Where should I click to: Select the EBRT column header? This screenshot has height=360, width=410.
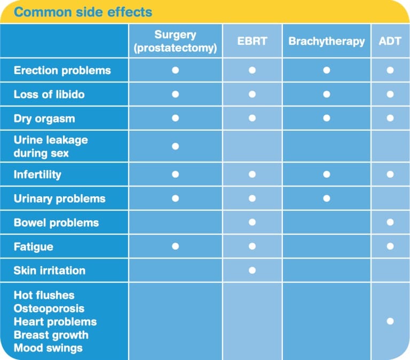tap(252, 41)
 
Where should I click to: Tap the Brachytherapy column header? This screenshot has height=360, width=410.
tap(327, 41)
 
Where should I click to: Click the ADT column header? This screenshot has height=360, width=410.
tap(390, 41)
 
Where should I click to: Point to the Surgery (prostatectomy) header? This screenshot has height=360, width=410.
tap(175, 41)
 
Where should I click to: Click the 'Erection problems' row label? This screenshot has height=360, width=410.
tap(62, 70)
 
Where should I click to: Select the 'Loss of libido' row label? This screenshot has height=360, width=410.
tap(49, 94)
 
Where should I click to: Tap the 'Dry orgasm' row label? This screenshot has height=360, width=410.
tap(44, 118)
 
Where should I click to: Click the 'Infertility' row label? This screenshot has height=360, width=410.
tap(37, 174)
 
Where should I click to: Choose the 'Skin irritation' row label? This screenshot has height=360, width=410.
tap(49, 270)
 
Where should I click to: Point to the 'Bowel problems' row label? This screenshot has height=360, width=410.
tap(56, 222)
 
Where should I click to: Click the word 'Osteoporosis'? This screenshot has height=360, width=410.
tap(49, 308)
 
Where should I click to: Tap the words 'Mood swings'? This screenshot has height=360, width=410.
tap(48, 348)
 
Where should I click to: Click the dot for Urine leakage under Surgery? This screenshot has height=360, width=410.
tap(175, 146)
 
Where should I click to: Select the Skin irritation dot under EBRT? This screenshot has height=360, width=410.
tap(252, 270)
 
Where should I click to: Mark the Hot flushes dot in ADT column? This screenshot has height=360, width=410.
tap(390, 321)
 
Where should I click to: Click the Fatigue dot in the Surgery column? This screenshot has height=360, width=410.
tap(175, 246)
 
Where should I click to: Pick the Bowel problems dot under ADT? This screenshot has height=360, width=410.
tap(390, 222)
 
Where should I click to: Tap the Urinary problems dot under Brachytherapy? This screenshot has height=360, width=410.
tap(327, 198)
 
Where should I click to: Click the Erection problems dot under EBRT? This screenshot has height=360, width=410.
tap(252, 70)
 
